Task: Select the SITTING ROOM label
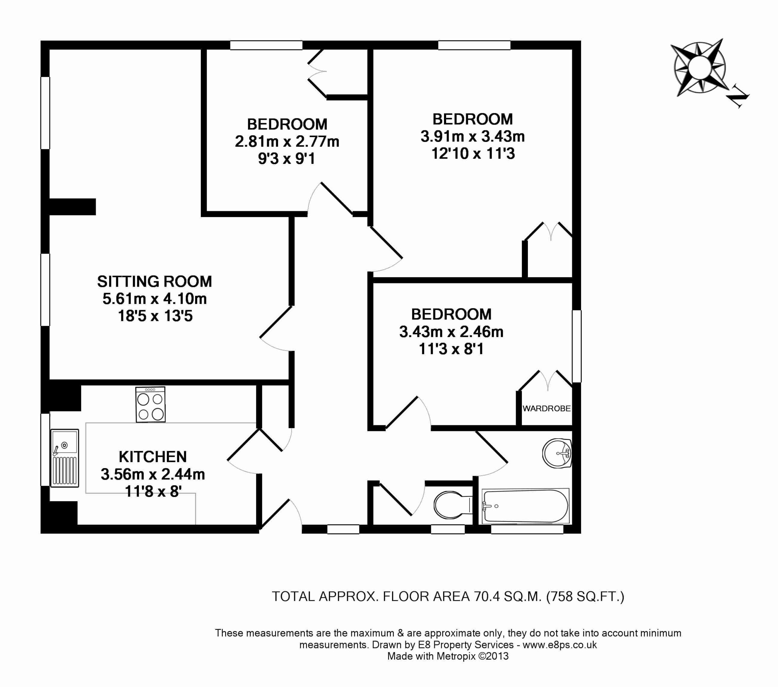[154, 282]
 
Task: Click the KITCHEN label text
[153, 457]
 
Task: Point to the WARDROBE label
[547, 409]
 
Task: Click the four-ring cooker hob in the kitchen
[151, 404]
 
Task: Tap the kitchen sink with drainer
[65, 458]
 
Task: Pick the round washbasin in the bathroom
[557, 453]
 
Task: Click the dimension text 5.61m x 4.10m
[154, 299]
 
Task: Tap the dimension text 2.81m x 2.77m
[287, 142]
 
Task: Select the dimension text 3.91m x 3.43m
[473, 136]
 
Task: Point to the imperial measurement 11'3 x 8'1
[451, 349]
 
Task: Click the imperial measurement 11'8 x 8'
[153, 492]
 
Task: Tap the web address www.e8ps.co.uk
[559, 645]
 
